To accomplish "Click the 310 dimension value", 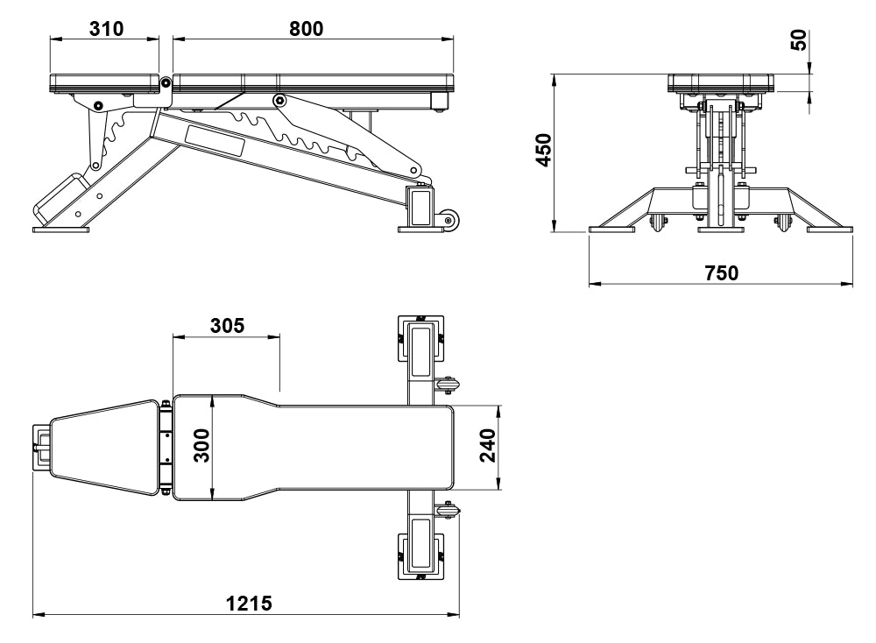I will click(x=106, y=28).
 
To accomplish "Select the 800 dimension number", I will click(x=306, y=28).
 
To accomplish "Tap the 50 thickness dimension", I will click(x=798, y=39).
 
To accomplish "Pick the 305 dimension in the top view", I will click(x=227, y=324).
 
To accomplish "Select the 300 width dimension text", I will click(x=201, y=447).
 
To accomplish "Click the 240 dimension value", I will click(x=487, y=447).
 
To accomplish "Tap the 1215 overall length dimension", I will click(x=249, y=604).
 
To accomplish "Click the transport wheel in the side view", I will click(x=449, y=219).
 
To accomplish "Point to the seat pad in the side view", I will click(x=105, y=83).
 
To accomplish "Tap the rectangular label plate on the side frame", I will click(x=215, y=138).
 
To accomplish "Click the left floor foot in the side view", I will click(x=60, y=230).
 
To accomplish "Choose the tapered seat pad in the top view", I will click(x=105, y=447).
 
